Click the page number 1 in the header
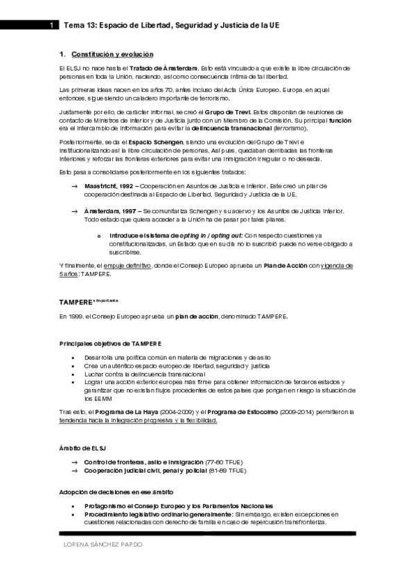coord(52,25)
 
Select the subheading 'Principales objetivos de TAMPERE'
coord(110,343)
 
